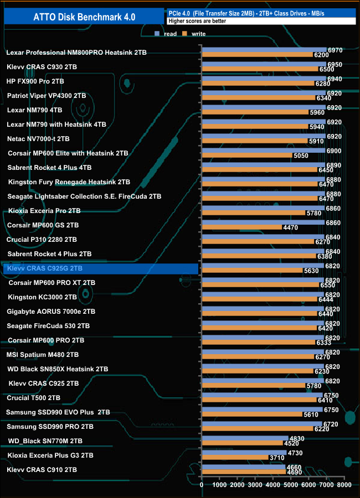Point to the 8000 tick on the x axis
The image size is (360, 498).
[343, 485]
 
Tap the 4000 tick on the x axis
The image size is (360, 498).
[272, 485]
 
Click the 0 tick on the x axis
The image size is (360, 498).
[202, 485]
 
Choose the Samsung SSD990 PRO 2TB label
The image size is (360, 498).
[50, 427]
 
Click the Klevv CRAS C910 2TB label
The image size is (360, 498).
[42, 470]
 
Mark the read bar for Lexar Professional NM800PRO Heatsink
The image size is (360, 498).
[264, 50]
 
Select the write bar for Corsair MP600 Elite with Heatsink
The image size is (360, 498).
[247, 155]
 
